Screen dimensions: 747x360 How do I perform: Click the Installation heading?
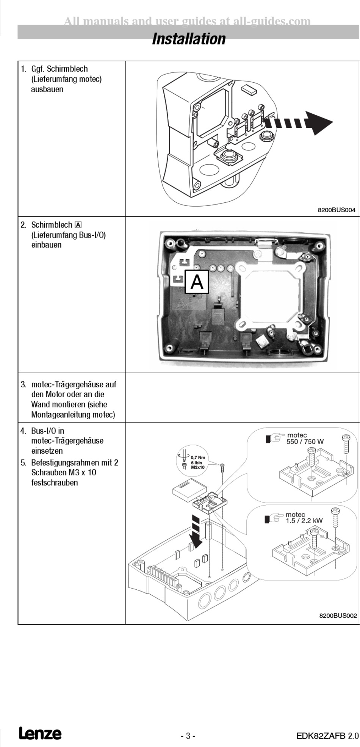tap(188, 39)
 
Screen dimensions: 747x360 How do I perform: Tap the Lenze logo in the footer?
tap(40, 733)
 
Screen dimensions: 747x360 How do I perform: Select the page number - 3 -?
tap(188, 736)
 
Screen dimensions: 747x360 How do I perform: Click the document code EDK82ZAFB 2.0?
tap(327, 736)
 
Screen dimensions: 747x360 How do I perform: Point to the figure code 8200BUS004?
tap(337, 210)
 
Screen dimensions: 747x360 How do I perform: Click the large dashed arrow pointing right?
tap(299, 123)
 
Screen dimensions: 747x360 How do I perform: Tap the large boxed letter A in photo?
tap(197, 282)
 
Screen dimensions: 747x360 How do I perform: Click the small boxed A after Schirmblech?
tap(78, 225)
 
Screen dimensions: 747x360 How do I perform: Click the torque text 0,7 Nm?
tap(198, 457)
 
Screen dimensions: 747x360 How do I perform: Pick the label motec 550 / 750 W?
tap(305, 438)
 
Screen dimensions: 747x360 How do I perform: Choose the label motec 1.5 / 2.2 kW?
tap(304, 518)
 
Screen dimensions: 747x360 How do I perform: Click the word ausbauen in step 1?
tap(47, 89)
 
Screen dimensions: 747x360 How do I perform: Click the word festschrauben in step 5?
tap(55, 483)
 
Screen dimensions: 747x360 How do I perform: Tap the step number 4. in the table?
tap(24, 431)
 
